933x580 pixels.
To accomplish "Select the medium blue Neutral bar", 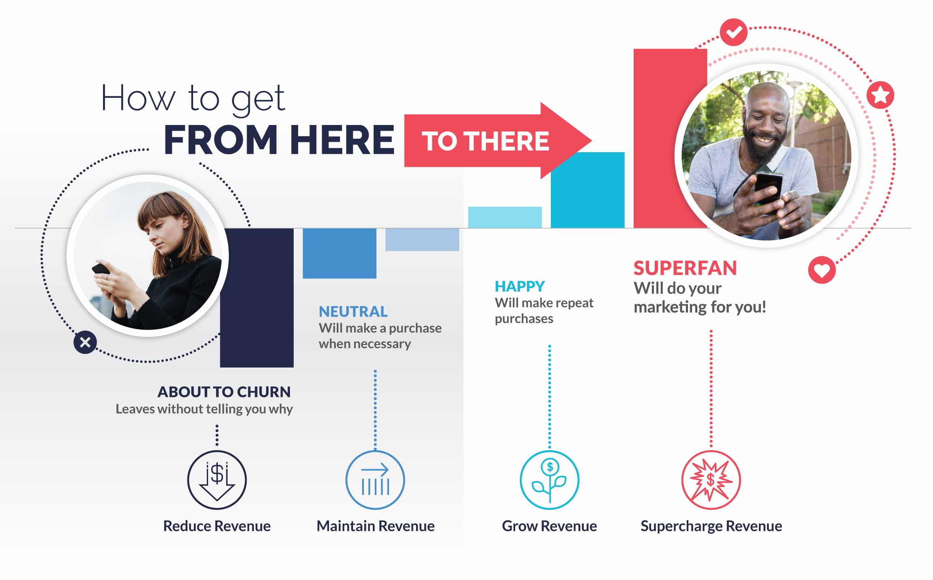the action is (x=340, y=253).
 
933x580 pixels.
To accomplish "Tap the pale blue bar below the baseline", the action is (x=422, y=239).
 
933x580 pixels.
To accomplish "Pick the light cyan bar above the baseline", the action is (x=505, y=218).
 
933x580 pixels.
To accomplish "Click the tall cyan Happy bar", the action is (x=588, y=190).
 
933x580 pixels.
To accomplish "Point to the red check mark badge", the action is (x=733, y=32).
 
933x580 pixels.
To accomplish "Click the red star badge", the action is (x=880, y=95).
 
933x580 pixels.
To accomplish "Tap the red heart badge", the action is (x=822, y=270).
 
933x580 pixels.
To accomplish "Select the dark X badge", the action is (x=85, y=342).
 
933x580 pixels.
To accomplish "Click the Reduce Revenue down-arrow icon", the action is (x=217, y=480).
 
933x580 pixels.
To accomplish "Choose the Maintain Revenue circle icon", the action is (x=375, y=480).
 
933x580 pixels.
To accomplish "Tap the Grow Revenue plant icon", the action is (x=550, y=480).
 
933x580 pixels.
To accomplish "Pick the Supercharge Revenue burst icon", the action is (x=711, y=480).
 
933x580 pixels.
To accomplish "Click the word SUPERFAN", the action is (x=685, y=268).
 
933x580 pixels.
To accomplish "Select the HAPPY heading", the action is (x=520, y=287).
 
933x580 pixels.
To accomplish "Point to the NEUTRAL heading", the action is (x=353, y=312).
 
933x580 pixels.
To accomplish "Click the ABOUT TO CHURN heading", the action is (x=224, y=392).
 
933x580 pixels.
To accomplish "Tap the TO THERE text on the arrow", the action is (x=485, y=141).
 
